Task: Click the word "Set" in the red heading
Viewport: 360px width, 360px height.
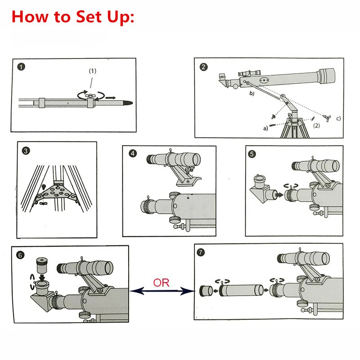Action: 88,17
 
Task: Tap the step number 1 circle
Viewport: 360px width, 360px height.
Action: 21,67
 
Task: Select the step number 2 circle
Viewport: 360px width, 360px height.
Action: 203,67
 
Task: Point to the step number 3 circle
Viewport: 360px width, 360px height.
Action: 26,151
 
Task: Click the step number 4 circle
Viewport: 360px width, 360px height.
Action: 133,153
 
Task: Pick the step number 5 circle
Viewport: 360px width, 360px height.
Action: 252,154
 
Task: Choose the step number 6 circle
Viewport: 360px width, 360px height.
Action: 20,255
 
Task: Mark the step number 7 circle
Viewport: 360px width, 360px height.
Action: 201,252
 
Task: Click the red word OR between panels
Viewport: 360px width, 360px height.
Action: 161,283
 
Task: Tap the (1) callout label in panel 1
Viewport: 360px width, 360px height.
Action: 93,71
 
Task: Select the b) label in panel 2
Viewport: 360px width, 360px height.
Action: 252,93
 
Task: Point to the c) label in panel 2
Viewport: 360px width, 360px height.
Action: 338,118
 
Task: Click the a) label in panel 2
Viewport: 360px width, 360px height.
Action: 265,128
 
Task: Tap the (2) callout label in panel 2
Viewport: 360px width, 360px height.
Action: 316,126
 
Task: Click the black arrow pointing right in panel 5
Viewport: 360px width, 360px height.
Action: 279,195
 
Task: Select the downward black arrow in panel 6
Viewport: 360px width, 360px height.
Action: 42,277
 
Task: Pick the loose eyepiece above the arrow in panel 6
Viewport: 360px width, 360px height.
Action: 42,265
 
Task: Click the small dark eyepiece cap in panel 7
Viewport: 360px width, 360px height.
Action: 206,291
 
